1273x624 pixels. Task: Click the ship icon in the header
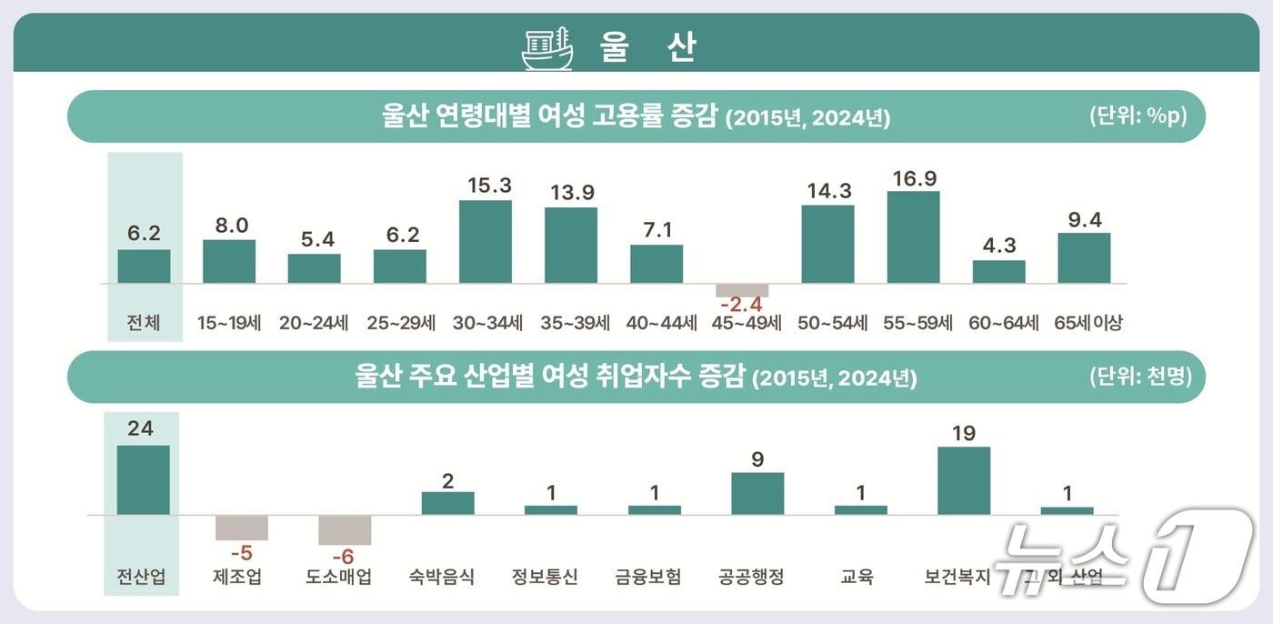[x=547, y=48]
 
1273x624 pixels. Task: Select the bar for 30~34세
[x=486, y=242]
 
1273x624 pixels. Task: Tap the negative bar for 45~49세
[x=742, y=290]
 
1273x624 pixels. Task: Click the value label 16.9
[x=914, y=178]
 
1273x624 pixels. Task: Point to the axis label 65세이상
[x=1088, y=323]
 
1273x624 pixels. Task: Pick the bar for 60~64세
[x=998, y=272]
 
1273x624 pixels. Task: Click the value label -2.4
[x=743, y=307]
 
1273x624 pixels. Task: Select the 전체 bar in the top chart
[x=144, y=267]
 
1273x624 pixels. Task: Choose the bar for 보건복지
[x=964, y=480]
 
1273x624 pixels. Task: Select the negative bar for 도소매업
[x=345, y=529]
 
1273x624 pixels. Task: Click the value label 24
[x=140, y=428]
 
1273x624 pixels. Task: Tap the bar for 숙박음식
[x=447, y=503]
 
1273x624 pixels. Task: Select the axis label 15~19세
[x=229, y=323]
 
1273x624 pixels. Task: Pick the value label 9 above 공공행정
[x=757, y=459]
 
